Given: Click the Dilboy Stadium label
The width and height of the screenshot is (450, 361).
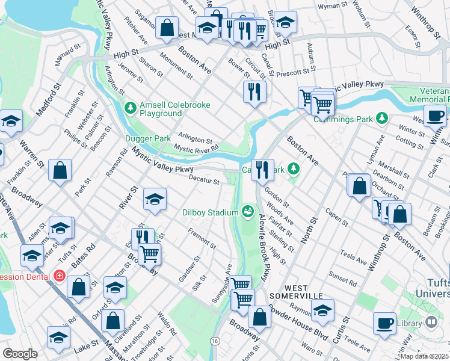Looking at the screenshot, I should click(x=210, y=212).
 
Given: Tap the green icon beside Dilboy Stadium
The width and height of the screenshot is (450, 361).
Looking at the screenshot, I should click(x=247, y=211).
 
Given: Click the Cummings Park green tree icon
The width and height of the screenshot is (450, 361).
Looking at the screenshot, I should click(x=381, y=118).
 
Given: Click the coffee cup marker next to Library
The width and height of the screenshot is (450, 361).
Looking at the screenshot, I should click(x=384, y=323).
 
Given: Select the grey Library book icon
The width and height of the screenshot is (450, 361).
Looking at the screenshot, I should click(x=431, y=323).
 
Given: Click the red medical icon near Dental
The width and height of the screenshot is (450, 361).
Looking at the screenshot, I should click(x=59, y=276).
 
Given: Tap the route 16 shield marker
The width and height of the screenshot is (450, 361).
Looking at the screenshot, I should click(x=214, y=341).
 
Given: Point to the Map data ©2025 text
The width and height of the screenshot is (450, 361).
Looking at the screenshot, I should click(x=424, y=356).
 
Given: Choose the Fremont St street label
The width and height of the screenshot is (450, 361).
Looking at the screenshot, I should click(x=202, y=237).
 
